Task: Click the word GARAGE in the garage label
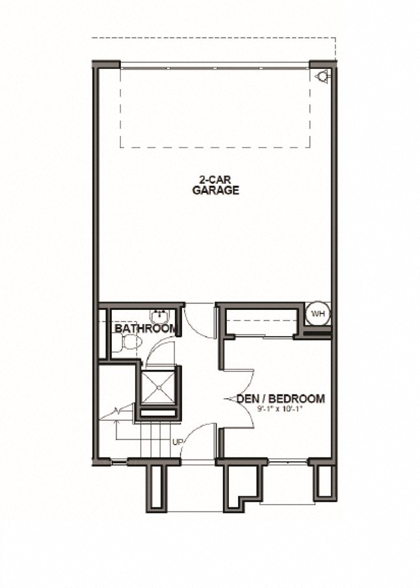pos(216,190)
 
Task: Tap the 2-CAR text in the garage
pos(215,180)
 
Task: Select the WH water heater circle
pos(318,314)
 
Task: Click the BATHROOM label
pos(146,329)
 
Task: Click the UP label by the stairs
pos(177,442)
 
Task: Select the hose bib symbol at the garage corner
pos(322,77)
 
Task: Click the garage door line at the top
pos(215,64)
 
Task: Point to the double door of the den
pos(238,397)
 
